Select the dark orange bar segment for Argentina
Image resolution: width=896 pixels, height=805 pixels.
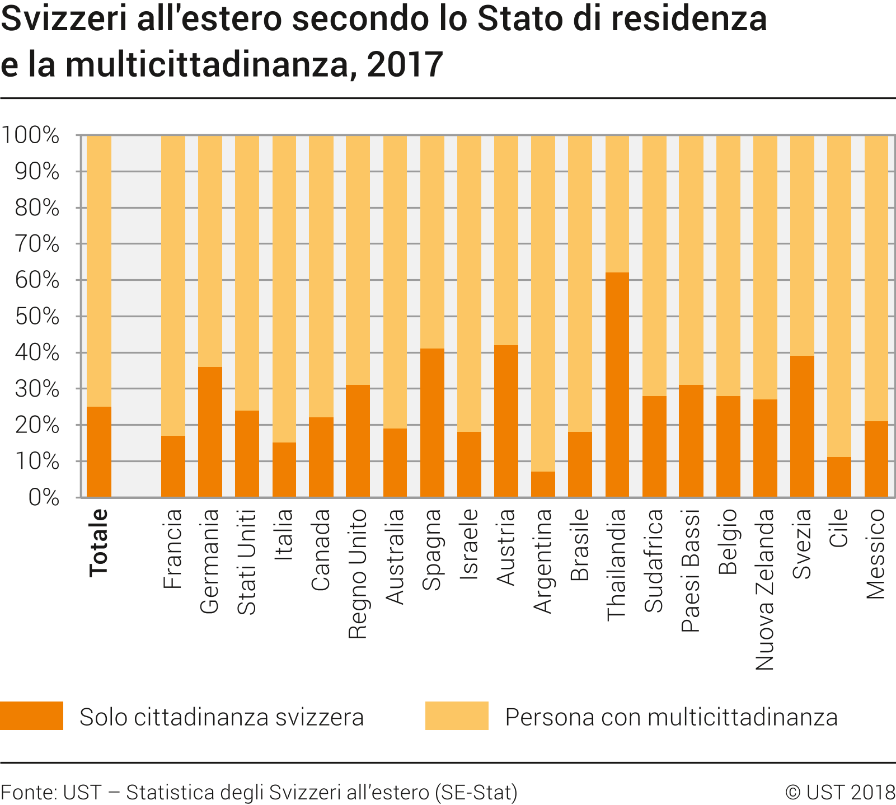543,484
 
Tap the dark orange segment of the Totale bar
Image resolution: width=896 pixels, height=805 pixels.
99,451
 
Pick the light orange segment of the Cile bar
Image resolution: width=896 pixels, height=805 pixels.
839,296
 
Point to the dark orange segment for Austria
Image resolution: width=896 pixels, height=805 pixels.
506,421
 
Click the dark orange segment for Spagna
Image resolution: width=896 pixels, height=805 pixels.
432,422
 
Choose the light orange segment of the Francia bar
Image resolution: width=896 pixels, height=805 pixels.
173,285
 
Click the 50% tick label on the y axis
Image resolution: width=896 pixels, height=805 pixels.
37,317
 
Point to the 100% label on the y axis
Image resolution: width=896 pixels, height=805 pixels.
30,135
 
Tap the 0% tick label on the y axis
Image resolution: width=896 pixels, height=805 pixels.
44,497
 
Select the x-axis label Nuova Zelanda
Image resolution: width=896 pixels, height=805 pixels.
764,590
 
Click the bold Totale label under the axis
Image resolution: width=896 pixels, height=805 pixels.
98,542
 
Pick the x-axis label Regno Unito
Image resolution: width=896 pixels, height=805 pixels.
358,574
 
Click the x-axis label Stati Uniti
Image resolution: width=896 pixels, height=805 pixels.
247,562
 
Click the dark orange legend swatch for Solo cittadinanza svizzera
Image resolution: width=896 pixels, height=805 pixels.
31,715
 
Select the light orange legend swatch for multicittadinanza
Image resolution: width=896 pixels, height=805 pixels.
457,715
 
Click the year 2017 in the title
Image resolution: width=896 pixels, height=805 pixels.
405,64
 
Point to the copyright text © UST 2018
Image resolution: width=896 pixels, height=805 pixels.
840,792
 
